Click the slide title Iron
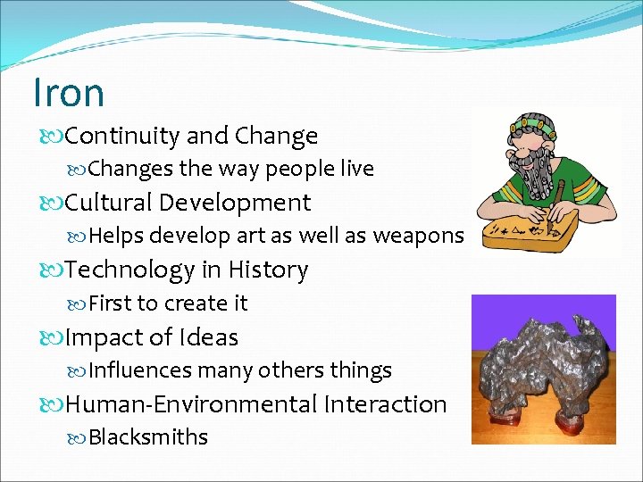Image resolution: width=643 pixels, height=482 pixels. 68,92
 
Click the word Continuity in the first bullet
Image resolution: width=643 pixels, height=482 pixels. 122,136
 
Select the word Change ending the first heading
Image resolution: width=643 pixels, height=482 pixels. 276,136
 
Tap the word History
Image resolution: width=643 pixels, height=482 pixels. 268,270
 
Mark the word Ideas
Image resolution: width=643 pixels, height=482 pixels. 209,337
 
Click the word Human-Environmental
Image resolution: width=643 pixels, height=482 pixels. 192,404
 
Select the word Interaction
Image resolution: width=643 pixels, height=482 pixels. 386,404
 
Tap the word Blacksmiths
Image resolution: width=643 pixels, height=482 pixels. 148,437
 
